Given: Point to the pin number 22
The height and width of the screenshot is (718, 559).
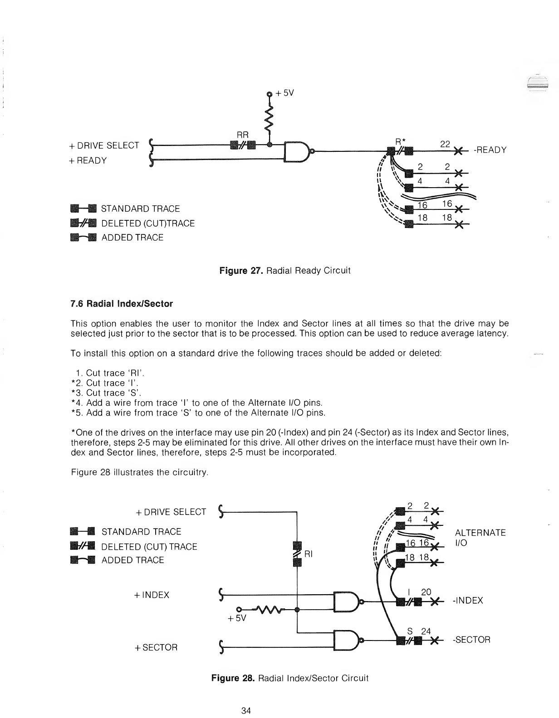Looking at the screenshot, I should click(445, 144).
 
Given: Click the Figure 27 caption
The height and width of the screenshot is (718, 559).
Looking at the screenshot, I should click(285, 271).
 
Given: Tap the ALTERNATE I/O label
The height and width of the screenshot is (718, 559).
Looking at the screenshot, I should click(480, 538).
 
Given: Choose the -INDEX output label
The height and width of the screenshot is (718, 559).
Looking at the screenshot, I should click(468, 601).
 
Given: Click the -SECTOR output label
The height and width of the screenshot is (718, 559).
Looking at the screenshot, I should click(471, 640).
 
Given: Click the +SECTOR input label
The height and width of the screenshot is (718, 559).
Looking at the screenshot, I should click(156, 648).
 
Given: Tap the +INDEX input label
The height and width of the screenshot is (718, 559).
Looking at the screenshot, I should click(152, 595).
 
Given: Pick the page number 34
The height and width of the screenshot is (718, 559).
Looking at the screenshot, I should click(247, 711).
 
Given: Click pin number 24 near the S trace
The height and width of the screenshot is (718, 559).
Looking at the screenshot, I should click(426, 631).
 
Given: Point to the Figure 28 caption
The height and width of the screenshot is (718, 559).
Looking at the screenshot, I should click(290, 678).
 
